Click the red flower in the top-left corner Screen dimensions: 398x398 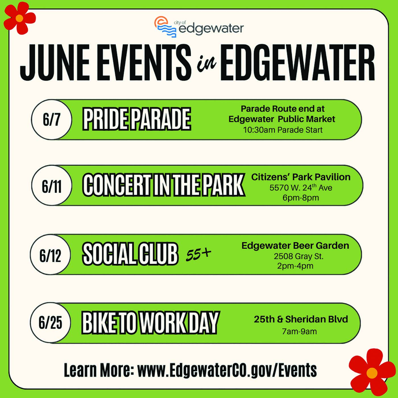click(20, 18)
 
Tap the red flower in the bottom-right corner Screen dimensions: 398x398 click(372, 373)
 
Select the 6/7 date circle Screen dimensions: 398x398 click(51, 120)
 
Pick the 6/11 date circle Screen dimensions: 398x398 click(52, 185)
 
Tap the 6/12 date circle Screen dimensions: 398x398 click(50, 254)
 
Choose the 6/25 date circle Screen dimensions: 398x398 click(50, 323)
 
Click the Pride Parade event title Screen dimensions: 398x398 click(137, 119)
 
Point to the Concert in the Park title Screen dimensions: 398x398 click(164, 185)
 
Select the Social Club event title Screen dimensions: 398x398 click(130, 254)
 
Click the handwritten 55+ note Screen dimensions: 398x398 click(198, 255)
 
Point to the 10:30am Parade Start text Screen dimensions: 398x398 click(283, 130)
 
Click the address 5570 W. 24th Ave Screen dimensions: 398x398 click(301, 187)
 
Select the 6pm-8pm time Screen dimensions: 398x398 click(301, 198)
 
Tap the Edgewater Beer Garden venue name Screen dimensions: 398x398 click(295, 246)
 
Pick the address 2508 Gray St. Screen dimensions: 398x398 click(298, 256)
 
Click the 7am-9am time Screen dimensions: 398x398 click(299, 331)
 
